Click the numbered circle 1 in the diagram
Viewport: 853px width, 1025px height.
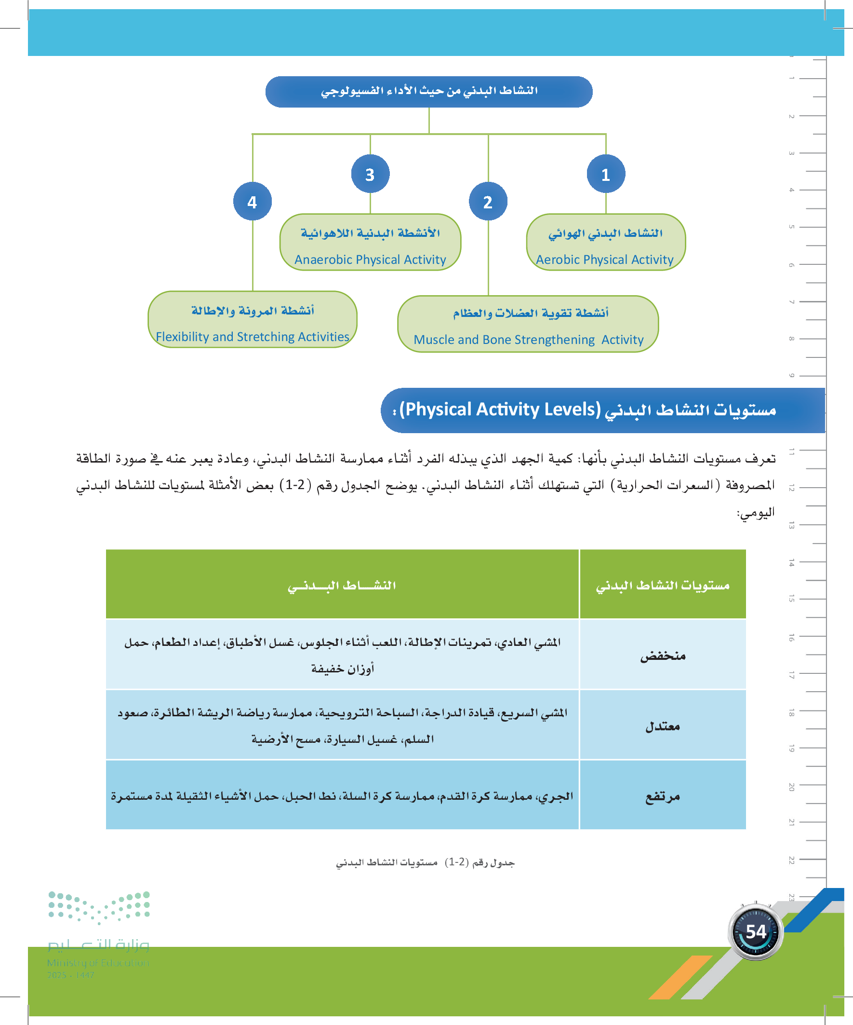(606, 174)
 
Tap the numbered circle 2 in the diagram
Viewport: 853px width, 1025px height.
(488, 202)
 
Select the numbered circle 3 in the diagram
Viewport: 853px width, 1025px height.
(370, 174)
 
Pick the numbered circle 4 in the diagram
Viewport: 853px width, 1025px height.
(252, 202)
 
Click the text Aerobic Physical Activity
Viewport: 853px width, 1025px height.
(604, 260)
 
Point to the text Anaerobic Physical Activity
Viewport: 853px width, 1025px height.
(370, 260)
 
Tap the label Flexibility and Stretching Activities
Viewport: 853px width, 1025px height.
(252, 337)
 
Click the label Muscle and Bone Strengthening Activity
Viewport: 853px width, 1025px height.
(528, 340)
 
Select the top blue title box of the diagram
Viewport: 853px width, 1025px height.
(429, 91)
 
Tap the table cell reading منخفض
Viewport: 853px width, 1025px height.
(662, 656)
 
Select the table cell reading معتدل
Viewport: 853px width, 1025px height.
(662, 726)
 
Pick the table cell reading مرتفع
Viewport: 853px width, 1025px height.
(662, 796)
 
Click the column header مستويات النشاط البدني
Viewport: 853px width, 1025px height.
(662, 585)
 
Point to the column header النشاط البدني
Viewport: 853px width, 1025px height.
(341, 585)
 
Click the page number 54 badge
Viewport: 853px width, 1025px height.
(756, 932)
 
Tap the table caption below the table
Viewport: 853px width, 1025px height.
(425, 862)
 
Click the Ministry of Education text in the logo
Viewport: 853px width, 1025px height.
(98, 962)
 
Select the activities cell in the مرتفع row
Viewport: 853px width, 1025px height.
(341, 796)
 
